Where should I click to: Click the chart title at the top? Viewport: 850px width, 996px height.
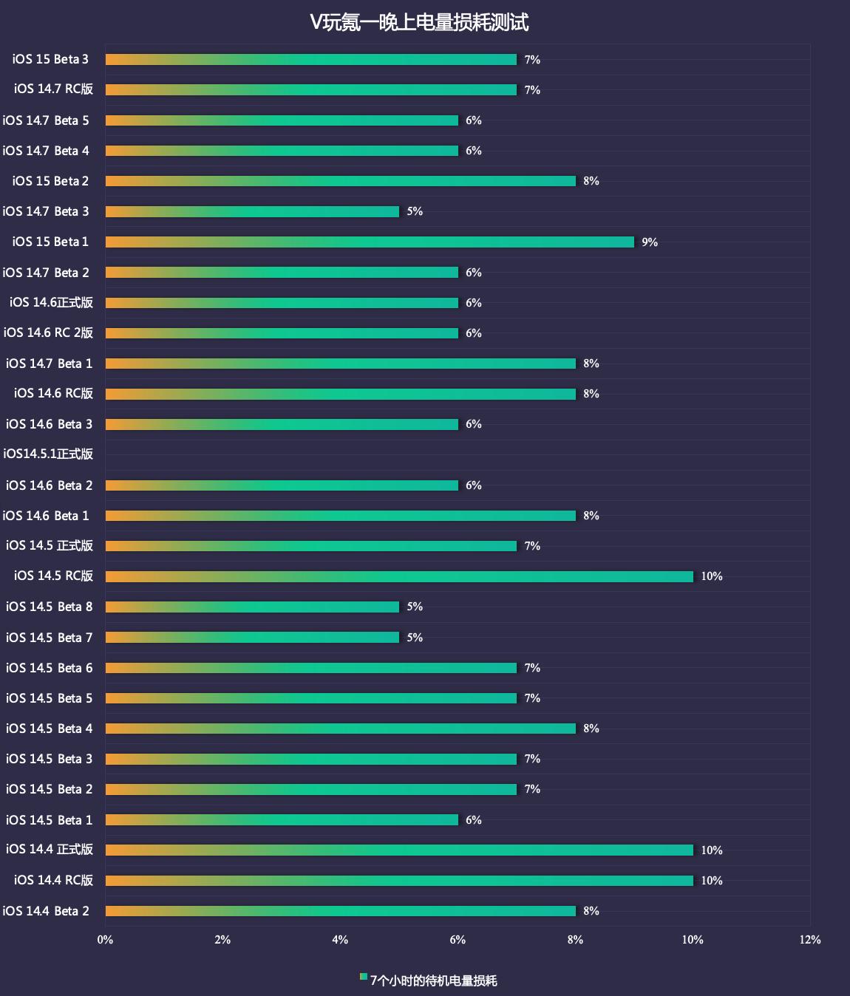tap(419, 22)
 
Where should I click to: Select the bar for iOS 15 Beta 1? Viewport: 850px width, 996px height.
tap(370, 242)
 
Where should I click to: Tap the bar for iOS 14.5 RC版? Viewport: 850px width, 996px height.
tap(399, 576)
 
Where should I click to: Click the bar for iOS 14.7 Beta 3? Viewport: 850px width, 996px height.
tap(252, 211)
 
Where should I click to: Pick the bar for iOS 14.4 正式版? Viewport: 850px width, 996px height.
tap(399, 850)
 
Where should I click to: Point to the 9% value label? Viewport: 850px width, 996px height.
tap(650, 242)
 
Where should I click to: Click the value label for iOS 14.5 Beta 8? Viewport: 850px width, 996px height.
tap(415, 607)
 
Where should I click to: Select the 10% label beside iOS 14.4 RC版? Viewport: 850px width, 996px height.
tap(711, 881)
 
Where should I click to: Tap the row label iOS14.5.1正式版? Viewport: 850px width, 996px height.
tap(48, 454)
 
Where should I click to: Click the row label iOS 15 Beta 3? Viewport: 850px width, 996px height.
tap(50, 59)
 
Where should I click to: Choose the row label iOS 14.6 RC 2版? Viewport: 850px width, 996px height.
tap(48, 332)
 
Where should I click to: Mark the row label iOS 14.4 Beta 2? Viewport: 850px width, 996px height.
tap(46, 911)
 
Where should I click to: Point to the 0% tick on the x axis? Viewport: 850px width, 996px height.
tap(105, 940)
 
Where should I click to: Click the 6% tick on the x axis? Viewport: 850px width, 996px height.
tap(458, 940)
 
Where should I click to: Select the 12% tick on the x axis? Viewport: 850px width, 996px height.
tap(810, 940)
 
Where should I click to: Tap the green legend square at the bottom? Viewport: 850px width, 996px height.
tap(364, 977)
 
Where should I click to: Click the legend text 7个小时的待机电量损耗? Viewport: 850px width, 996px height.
tap(433, 980)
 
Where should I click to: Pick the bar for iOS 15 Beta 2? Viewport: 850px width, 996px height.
tap(340, 181)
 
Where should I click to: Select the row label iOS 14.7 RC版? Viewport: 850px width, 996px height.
tap(53, 89)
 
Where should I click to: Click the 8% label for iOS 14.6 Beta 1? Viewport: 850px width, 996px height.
tap(591, 516)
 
